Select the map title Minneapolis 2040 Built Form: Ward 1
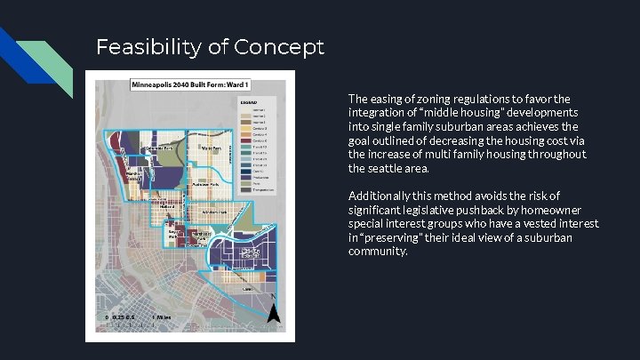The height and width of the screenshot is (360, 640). (x=188, y=85)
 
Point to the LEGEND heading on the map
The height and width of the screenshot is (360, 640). (x=250, y=102)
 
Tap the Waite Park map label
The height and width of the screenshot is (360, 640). (x=211, y=148)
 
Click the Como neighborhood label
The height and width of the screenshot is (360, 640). (x=248, y=289)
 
